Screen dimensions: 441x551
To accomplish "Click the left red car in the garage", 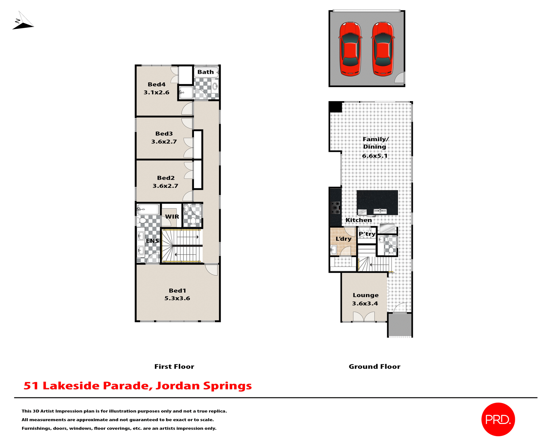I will tap(350, 49).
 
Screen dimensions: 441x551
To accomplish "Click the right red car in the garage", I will tap(383, 49).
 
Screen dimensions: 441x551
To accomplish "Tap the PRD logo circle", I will tap(498, 419).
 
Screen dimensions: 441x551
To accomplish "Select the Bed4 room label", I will tap(156, 84).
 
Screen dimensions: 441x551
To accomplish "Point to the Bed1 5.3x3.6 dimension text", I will tap(177, 298).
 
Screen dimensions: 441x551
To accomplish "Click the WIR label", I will tap(172, 217).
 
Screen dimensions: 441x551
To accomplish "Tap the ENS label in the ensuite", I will tap(152, 241).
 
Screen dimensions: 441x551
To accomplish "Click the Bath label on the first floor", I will tap(205, 72).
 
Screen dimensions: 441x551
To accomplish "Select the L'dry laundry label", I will tap(343, 239).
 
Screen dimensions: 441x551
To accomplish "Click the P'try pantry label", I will tap(367, 234).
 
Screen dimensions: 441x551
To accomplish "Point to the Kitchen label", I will tap(358, 220).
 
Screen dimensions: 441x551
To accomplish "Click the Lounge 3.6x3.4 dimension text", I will tap(365, 303).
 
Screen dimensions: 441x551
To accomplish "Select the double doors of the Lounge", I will tap(364, 317).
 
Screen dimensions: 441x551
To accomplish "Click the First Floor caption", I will tap(174, 367).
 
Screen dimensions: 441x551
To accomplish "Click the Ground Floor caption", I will tap(374, 367).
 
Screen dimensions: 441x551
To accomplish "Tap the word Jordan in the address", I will tap(177, 386).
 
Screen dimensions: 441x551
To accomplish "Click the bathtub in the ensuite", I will tap(148, 209).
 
